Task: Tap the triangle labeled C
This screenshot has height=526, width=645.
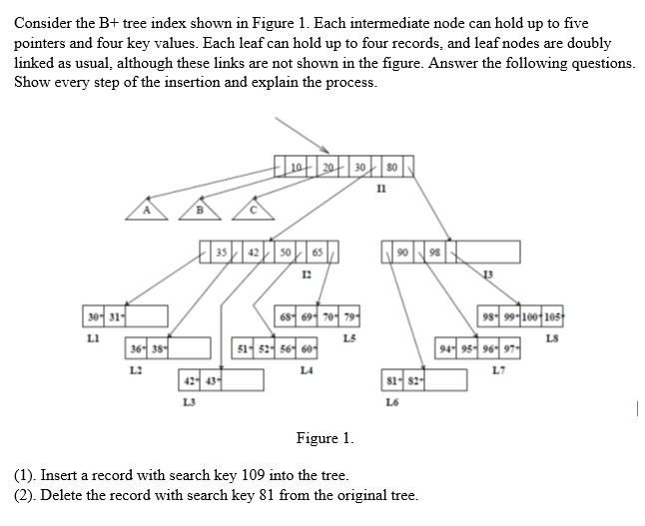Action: click(254, 211)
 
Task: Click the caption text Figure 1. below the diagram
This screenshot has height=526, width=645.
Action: click(324, 438)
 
